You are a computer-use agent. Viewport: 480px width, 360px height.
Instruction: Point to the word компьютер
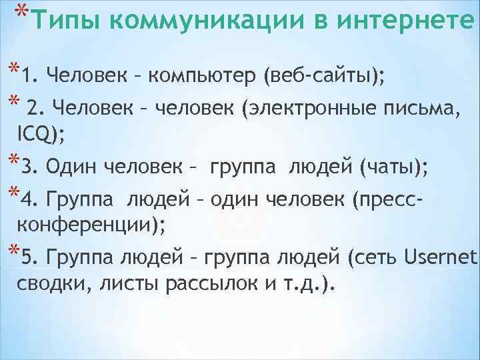pos(203,76)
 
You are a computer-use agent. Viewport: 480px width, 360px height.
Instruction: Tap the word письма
pos(419,107)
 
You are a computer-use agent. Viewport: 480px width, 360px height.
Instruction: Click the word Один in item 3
pos(71,167)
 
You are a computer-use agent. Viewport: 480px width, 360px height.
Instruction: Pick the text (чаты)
pos(393,167)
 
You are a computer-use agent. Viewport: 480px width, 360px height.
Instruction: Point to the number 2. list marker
pos(37,107)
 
